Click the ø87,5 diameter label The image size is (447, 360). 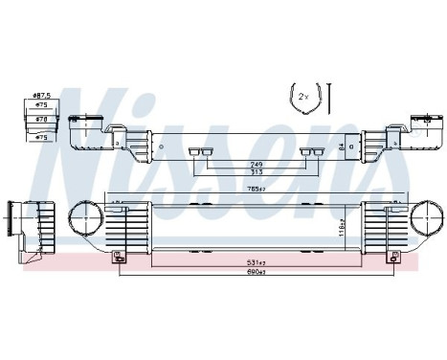tap(40, 97)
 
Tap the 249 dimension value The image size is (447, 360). tap(256, 164)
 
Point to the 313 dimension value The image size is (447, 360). tap(256, 172)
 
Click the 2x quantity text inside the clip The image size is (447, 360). tap(303, 98)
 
